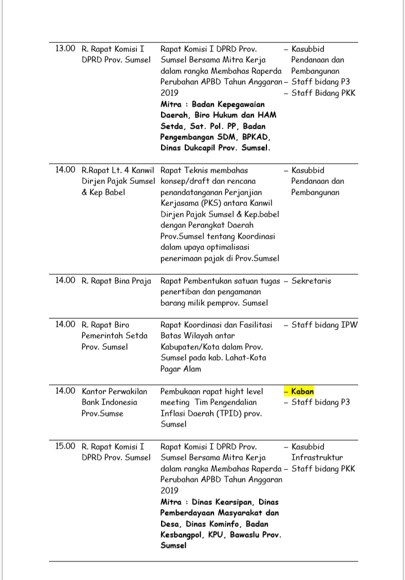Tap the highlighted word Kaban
tap(302, 391)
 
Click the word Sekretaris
tap(311, 281)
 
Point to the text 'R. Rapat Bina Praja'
tap(117, 281)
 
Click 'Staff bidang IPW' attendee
tap(324, 324)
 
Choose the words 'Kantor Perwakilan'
tap(114, 391)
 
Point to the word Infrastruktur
tap(317, 458)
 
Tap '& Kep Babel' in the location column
tap(104, 192)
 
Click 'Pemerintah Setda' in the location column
tap(115, 336)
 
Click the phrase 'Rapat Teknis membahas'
tap(204, 170)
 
